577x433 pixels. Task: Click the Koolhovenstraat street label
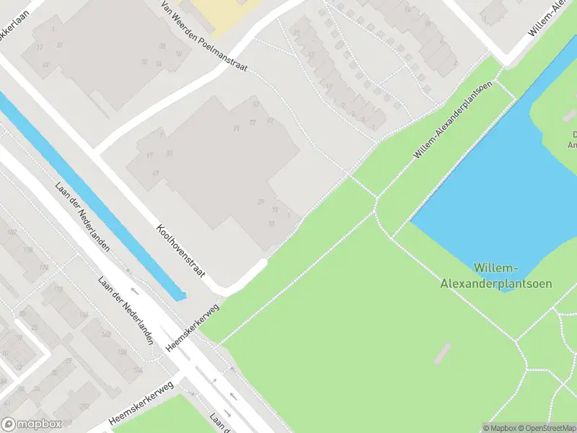pyautogui.click(x=181, y=250)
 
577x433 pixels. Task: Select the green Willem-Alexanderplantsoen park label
pyautogui.click(x=496, y=276)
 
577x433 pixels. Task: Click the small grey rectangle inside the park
pyautogui.click(x=442, y=352)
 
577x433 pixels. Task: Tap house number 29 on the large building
pyautogui.click(x=261, y=201)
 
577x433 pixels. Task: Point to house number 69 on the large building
pyautogui.click(x=156, y=173)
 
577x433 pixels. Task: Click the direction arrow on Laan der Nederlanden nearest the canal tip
pyautogui.click(x=135, y=292)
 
